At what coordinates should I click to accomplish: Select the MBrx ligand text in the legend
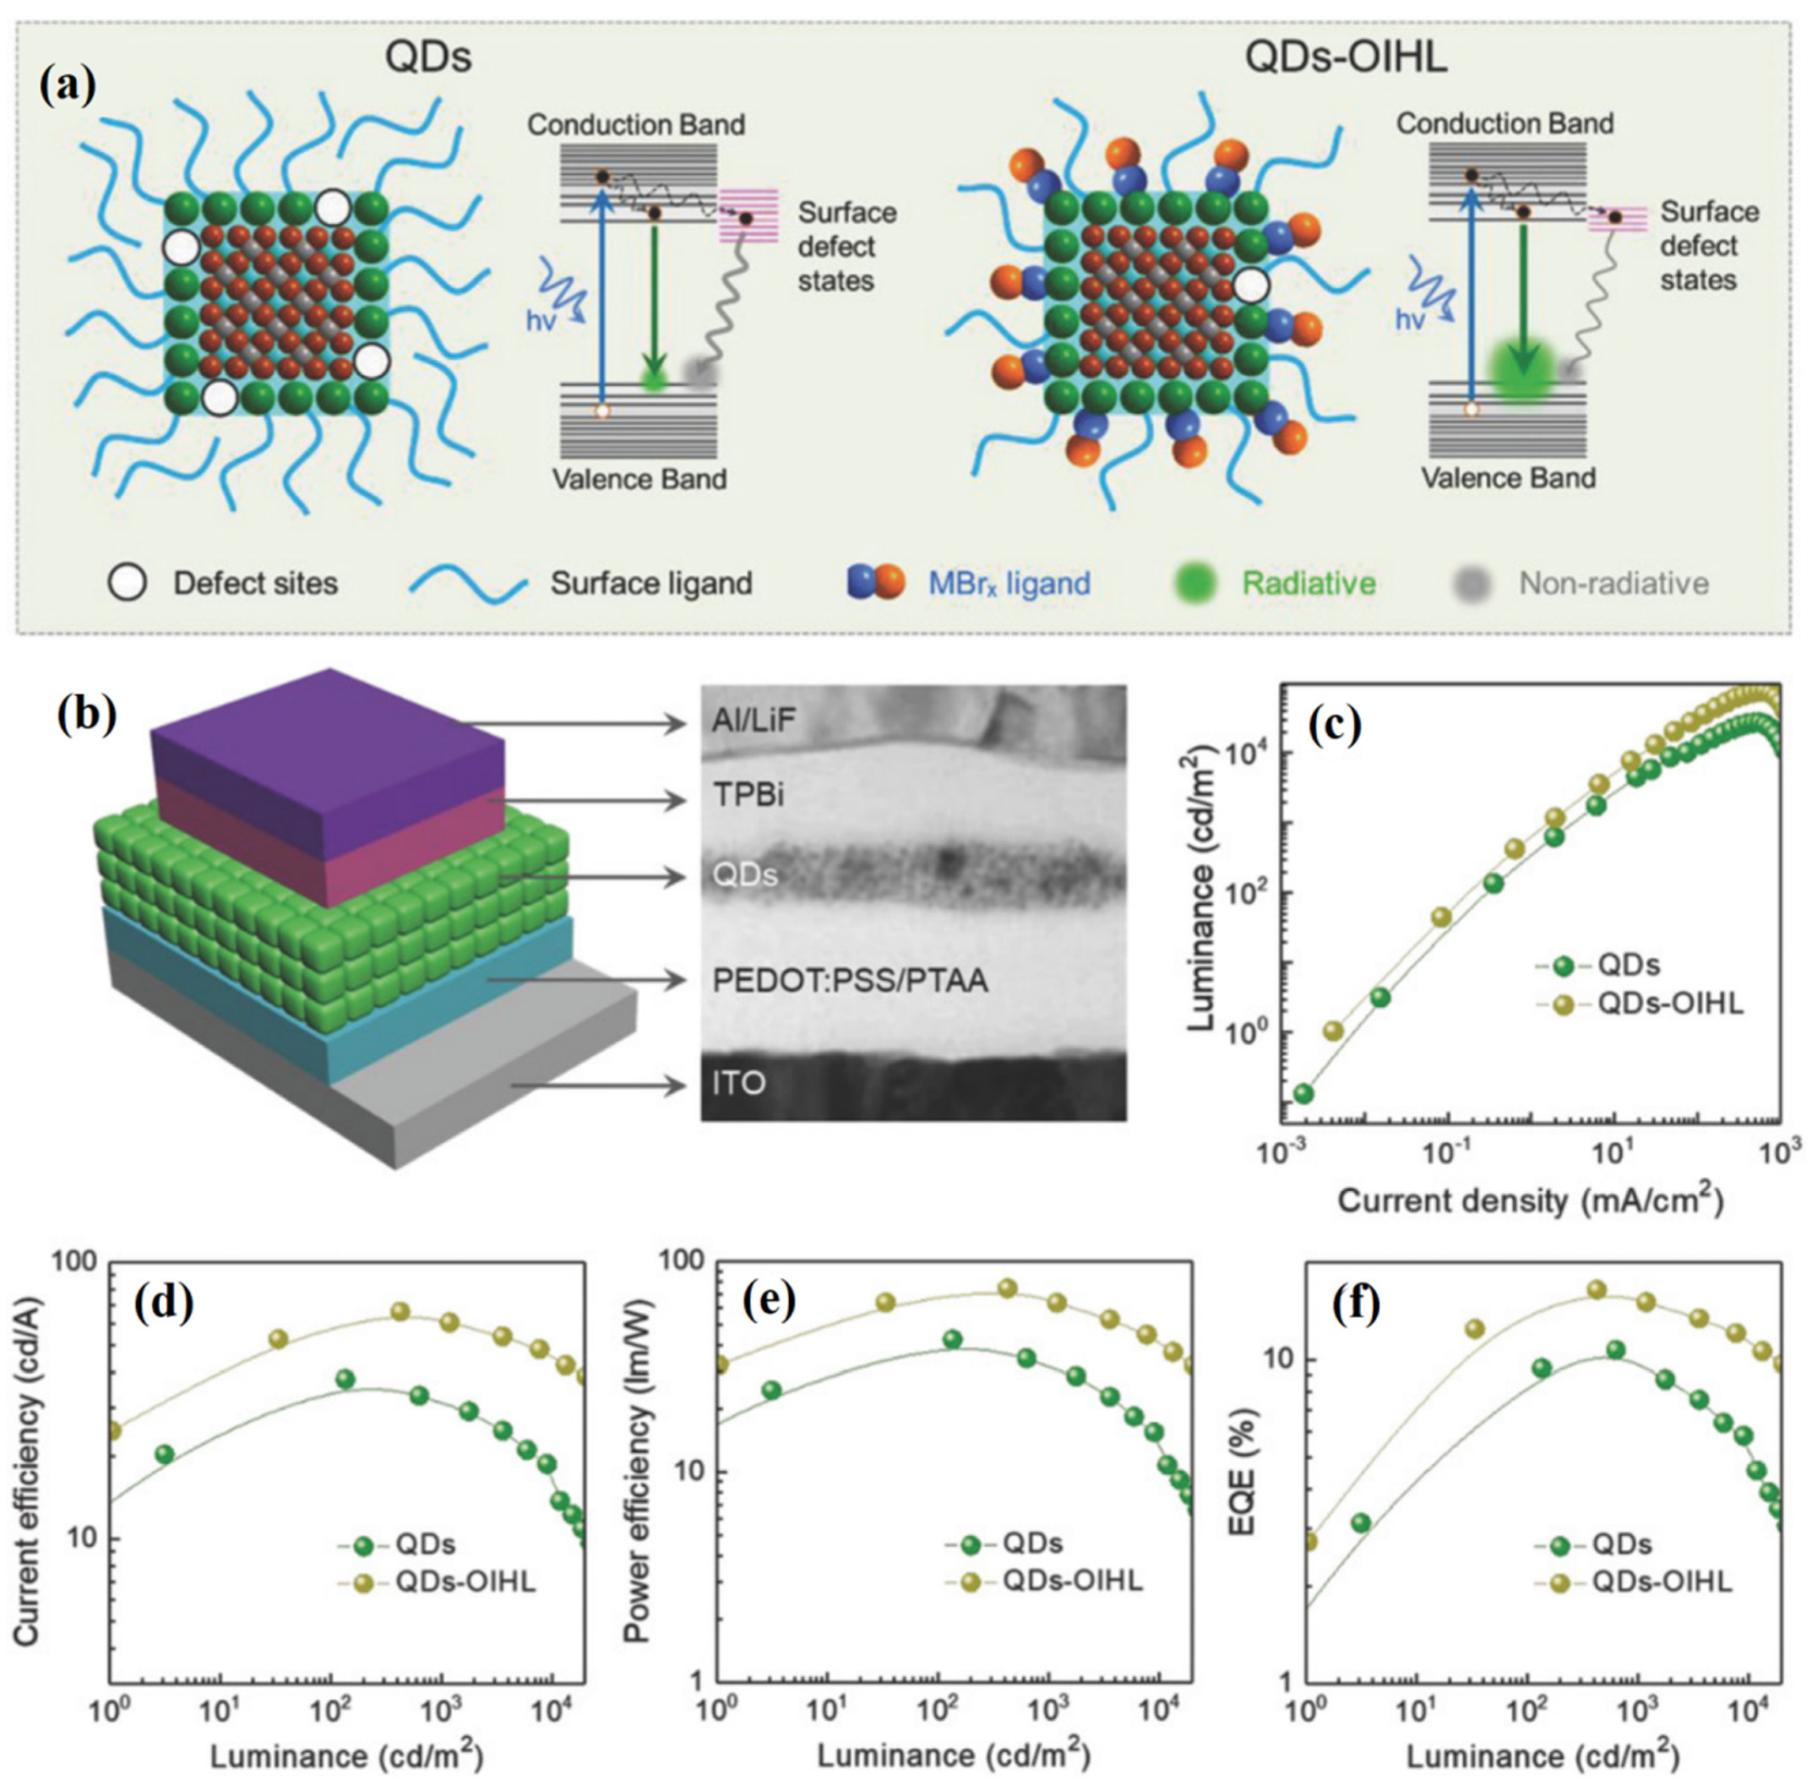(x=1009, y=584)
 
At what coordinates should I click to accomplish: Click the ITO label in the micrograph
(x=739, y=1083)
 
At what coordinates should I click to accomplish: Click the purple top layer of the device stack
(x=328, y=741)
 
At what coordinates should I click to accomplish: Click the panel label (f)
(x=1355, y=1305)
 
